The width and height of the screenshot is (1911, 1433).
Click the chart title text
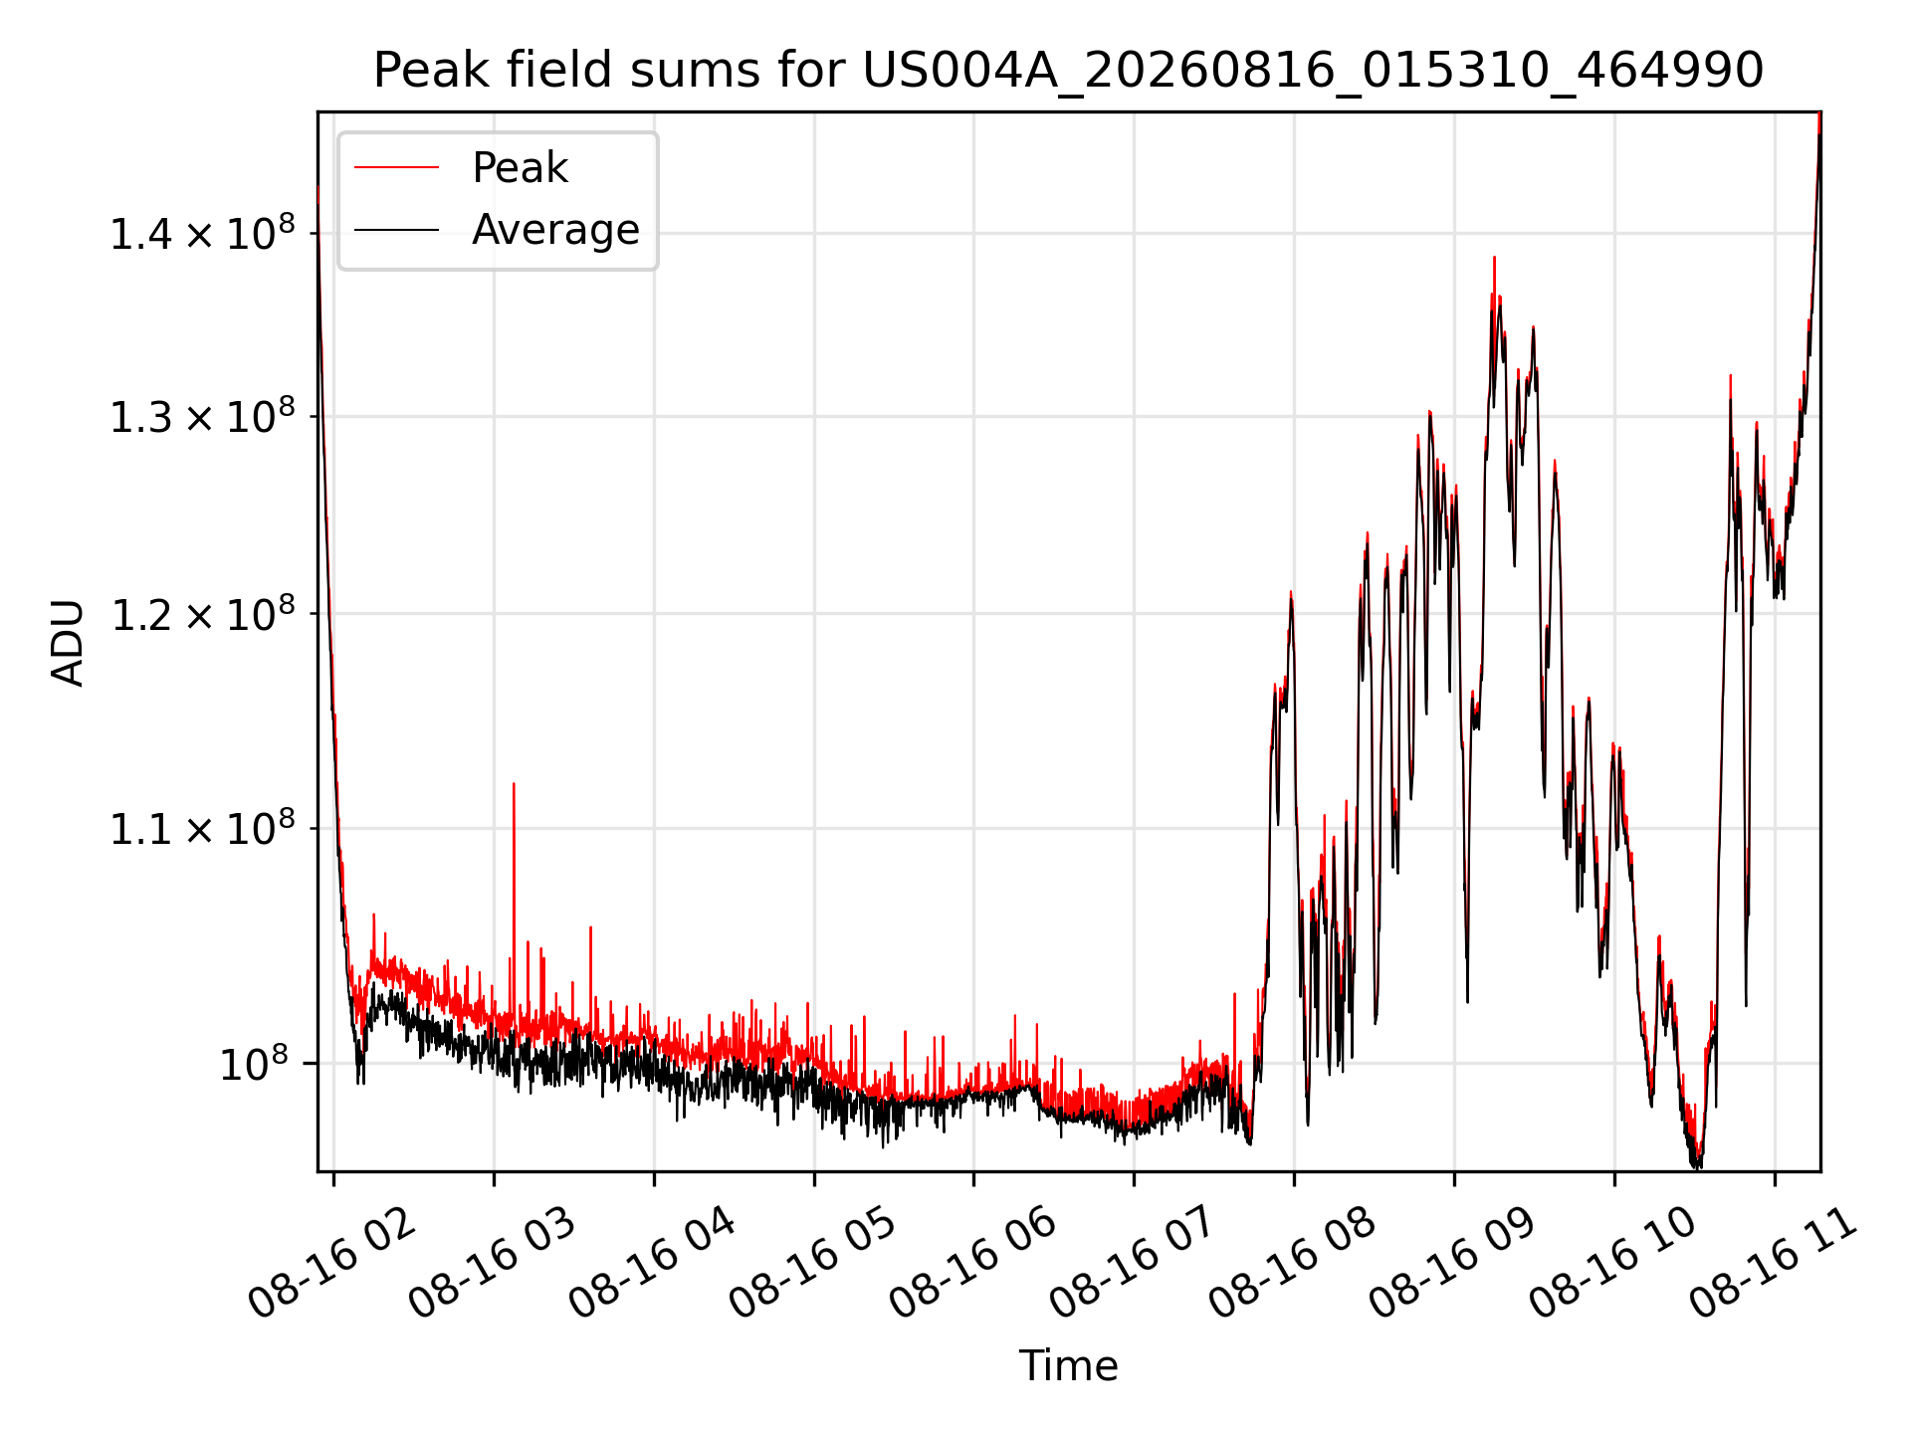[1068, 71]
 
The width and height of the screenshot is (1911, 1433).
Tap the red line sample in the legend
[396, 168]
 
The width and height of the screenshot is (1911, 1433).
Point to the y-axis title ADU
[68, 642]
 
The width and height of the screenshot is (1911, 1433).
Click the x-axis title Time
[1068, 1365]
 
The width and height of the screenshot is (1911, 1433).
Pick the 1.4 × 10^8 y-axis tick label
[203, 234]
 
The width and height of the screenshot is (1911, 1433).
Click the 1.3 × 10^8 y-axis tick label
[203, 417]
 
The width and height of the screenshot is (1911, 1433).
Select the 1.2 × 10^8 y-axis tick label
[203, 614]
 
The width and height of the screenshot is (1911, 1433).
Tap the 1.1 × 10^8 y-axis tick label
[203, 828]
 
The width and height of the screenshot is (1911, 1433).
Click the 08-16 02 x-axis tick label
[330, 1264]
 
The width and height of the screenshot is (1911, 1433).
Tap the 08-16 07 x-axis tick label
[1132, 1264]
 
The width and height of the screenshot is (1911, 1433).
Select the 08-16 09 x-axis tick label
[1452, 1264]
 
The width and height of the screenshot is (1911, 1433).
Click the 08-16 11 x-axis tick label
[1773, 1264]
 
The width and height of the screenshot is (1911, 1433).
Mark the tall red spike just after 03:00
[514, 784]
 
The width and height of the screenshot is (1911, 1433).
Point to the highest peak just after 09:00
[1494, 258]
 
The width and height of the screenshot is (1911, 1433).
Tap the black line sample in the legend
[396, 230]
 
